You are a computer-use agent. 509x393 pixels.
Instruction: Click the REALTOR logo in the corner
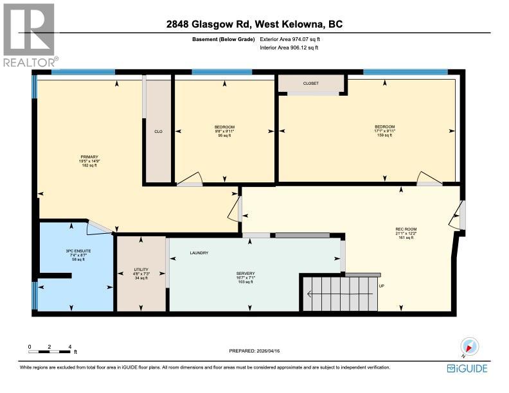[x=29, y=35]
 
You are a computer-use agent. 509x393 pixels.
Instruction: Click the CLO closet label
[x=158, y=131]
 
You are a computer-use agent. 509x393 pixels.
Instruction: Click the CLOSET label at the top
[x=310, y=83]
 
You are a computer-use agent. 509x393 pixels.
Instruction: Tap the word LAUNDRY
[x=199, y=253]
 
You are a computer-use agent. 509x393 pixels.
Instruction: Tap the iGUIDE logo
[x=469, y=368]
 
